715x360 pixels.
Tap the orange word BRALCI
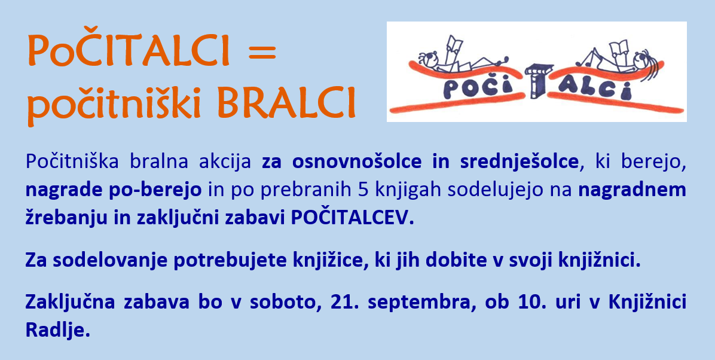[x=286, y=103]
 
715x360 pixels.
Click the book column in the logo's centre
[x=538, y=81]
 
